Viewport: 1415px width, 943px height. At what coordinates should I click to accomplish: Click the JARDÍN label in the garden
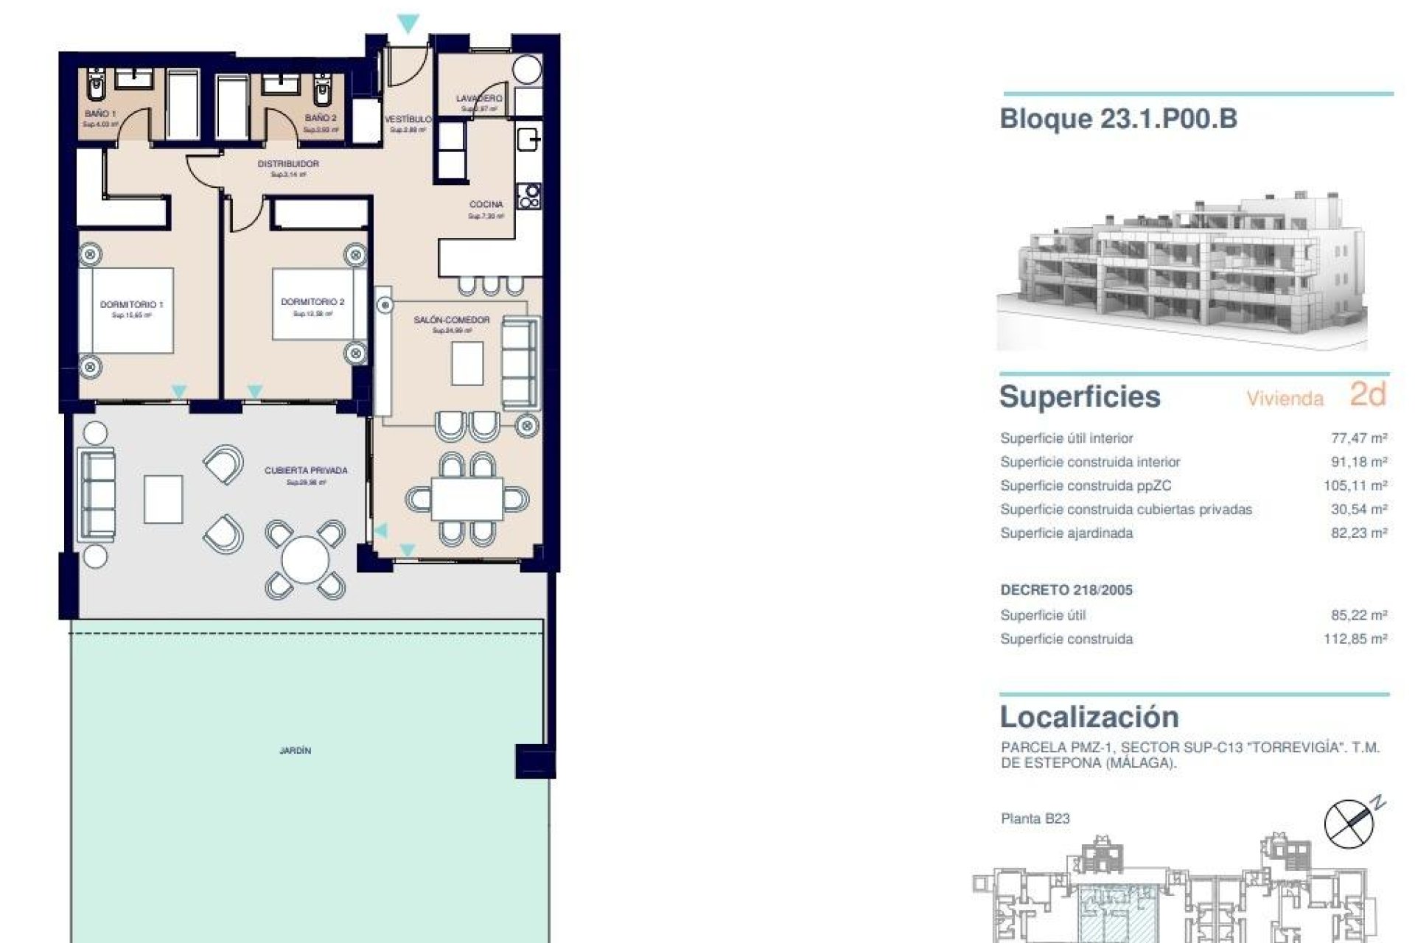coord(295,751)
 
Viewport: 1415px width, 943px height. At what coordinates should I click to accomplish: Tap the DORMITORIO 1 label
coord(132,304)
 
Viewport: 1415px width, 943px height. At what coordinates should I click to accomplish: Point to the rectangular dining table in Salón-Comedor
coord(467,499)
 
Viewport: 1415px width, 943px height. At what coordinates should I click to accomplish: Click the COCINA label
coord(486,204)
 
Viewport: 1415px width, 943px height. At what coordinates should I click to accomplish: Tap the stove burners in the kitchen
coord(529,196)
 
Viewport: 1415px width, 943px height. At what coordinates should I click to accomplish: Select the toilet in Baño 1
coord(96,86)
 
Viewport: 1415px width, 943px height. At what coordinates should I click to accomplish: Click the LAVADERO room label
coord(479,98)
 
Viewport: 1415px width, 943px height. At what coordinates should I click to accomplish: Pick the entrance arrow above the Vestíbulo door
coord(408,24)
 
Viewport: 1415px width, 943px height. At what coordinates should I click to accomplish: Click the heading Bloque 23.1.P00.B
coord(1118,119)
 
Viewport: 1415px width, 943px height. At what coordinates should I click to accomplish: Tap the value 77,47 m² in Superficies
coord(1359,438)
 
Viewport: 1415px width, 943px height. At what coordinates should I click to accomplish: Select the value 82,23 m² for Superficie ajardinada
coord(1359,533)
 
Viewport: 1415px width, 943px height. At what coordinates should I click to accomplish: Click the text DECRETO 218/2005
coord(1066,590)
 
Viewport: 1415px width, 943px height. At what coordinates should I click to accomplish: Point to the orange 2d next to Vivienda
coord(1368,395)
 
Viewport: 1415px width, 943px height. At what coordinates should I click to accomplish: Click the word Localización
coord(1089,717)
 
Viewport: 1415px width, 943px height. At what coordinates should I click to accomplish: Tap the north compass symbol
coord(1349,823)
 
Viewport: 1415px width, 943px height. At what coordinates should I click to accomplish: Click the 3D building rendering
coord(1181,273)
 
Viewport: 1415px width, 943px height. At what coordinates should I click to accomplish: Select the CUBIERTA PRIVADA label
coord(306,471)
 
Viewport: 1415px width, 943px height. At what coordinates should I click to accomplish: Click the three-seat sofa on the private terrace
coord(96,494)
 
